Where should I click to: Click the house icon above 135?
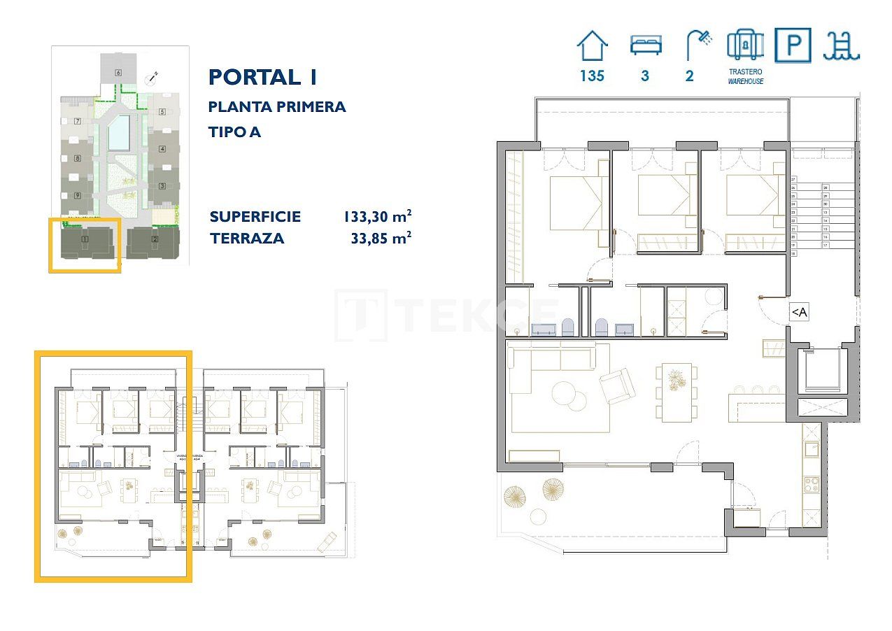[x=592, y=45]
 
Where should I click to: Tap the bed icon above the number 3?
[x=645, y=45]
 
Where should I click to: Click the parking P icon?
[x=793, y=45]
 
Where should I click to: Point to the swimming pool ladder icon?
[x=842, y=45]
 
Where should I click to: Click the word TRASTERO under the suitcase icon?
[x=744, y=72]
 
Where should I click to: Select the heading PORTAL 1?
[x=262, y=77]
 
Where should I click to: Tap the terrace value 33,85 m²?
[x=380, y=239]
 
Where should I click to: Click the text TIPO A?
[x=234, y=132]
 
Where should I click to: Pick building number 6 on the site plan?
[x=119, y=72]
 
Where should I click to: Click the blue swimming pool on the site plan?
[x=118, y=133]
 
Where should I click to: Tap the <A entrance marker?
[x=798, y=313]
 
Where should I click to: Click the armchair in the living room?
[x=617, y=386]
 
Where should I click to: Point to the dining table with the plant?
[x=676, y=392]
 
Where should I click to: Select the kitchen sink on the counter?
[x=812, y=448]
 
